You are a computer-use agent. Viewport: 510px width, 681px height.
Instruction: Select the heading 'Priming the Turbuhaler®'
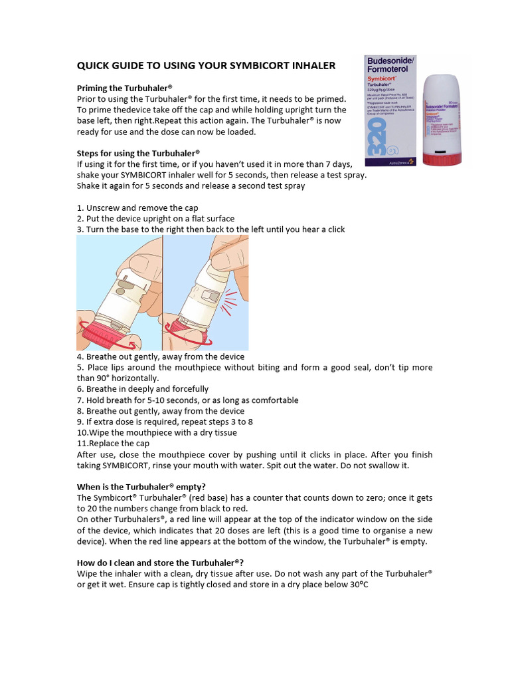[x=124, y=88]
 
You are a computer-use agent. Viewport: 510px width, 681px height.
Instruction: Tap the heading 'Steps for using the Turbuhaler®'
[x=138, y=153]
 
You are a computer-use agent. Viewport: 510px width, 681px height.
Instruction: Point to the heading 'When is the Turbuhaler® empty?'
[x=141, y=487]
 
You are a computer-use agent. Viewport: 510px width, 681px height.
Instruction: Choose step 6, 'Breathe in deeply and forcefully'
[x=143, y=389]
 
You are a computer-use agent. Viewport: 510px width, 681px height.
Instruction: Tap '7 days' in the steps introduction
[x=337, y=164]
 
